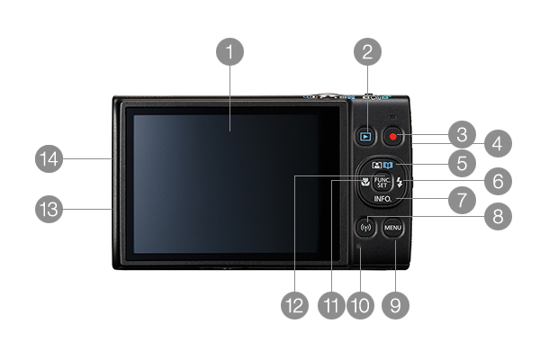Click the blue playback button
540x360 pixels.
[365, 137]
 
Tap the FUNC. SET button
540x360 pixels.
[382, 182]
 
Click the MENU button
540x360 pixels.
[393, 228]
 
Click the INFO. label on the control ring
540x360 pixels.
[382, 199]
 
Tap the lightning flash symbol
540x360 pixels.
[400, 182]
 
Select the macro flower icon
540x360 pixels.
[365, 182]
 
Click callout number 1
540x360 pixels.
[229, 51]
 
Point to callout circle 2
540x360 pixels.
[367, 51]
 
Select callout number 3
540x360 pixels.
[463, 134]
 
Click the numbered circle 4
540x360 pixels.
[498, 143]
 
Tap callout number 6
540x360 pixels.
[498, 181]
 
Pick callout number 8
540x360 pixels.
[498, 216]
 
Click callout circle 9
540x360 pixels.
[395, 305]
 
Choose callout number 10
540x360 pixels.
[360, 305]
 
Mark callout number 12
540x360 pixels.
[295, 305]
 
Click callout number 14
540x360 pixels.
[49, 158]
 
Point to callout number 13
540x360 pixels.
[49, 209]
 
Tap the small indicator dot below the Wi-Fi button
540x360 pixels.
[358, 246]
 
